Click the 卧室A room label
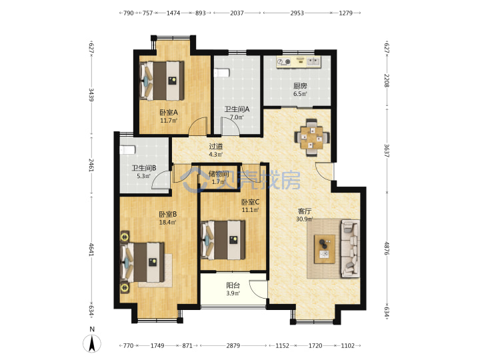[x=169, y=113]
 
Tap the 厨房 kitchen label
[x=300, y=86]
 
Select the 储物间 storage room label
[x=219, y=174]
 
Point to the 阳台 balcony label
[x=233, y=285]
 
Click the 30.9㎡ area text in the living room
[x=305, y=219]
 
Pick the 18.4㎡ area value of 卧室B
[x=168, y=223]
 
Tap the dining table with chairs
[x=312, y=138]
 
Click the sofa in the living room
[x=351, y=249]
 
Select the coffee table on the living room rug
[x=325, y=249]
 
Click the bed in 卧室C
[x=223, y=240]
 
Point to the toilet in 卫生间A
[x=221, y=73]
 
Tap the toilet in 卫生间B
[x=127, y=150]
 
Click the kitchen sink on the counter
[x=313, y=61]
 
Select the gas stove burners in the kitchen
[x=284, y=62]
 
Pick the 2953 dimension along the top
[x=297, y=13]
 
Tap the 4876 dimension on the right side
[x=387, y=249]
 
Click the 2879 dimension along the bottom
[x=233, y=345]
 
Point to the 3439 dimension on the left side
[x=91, y=95]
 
